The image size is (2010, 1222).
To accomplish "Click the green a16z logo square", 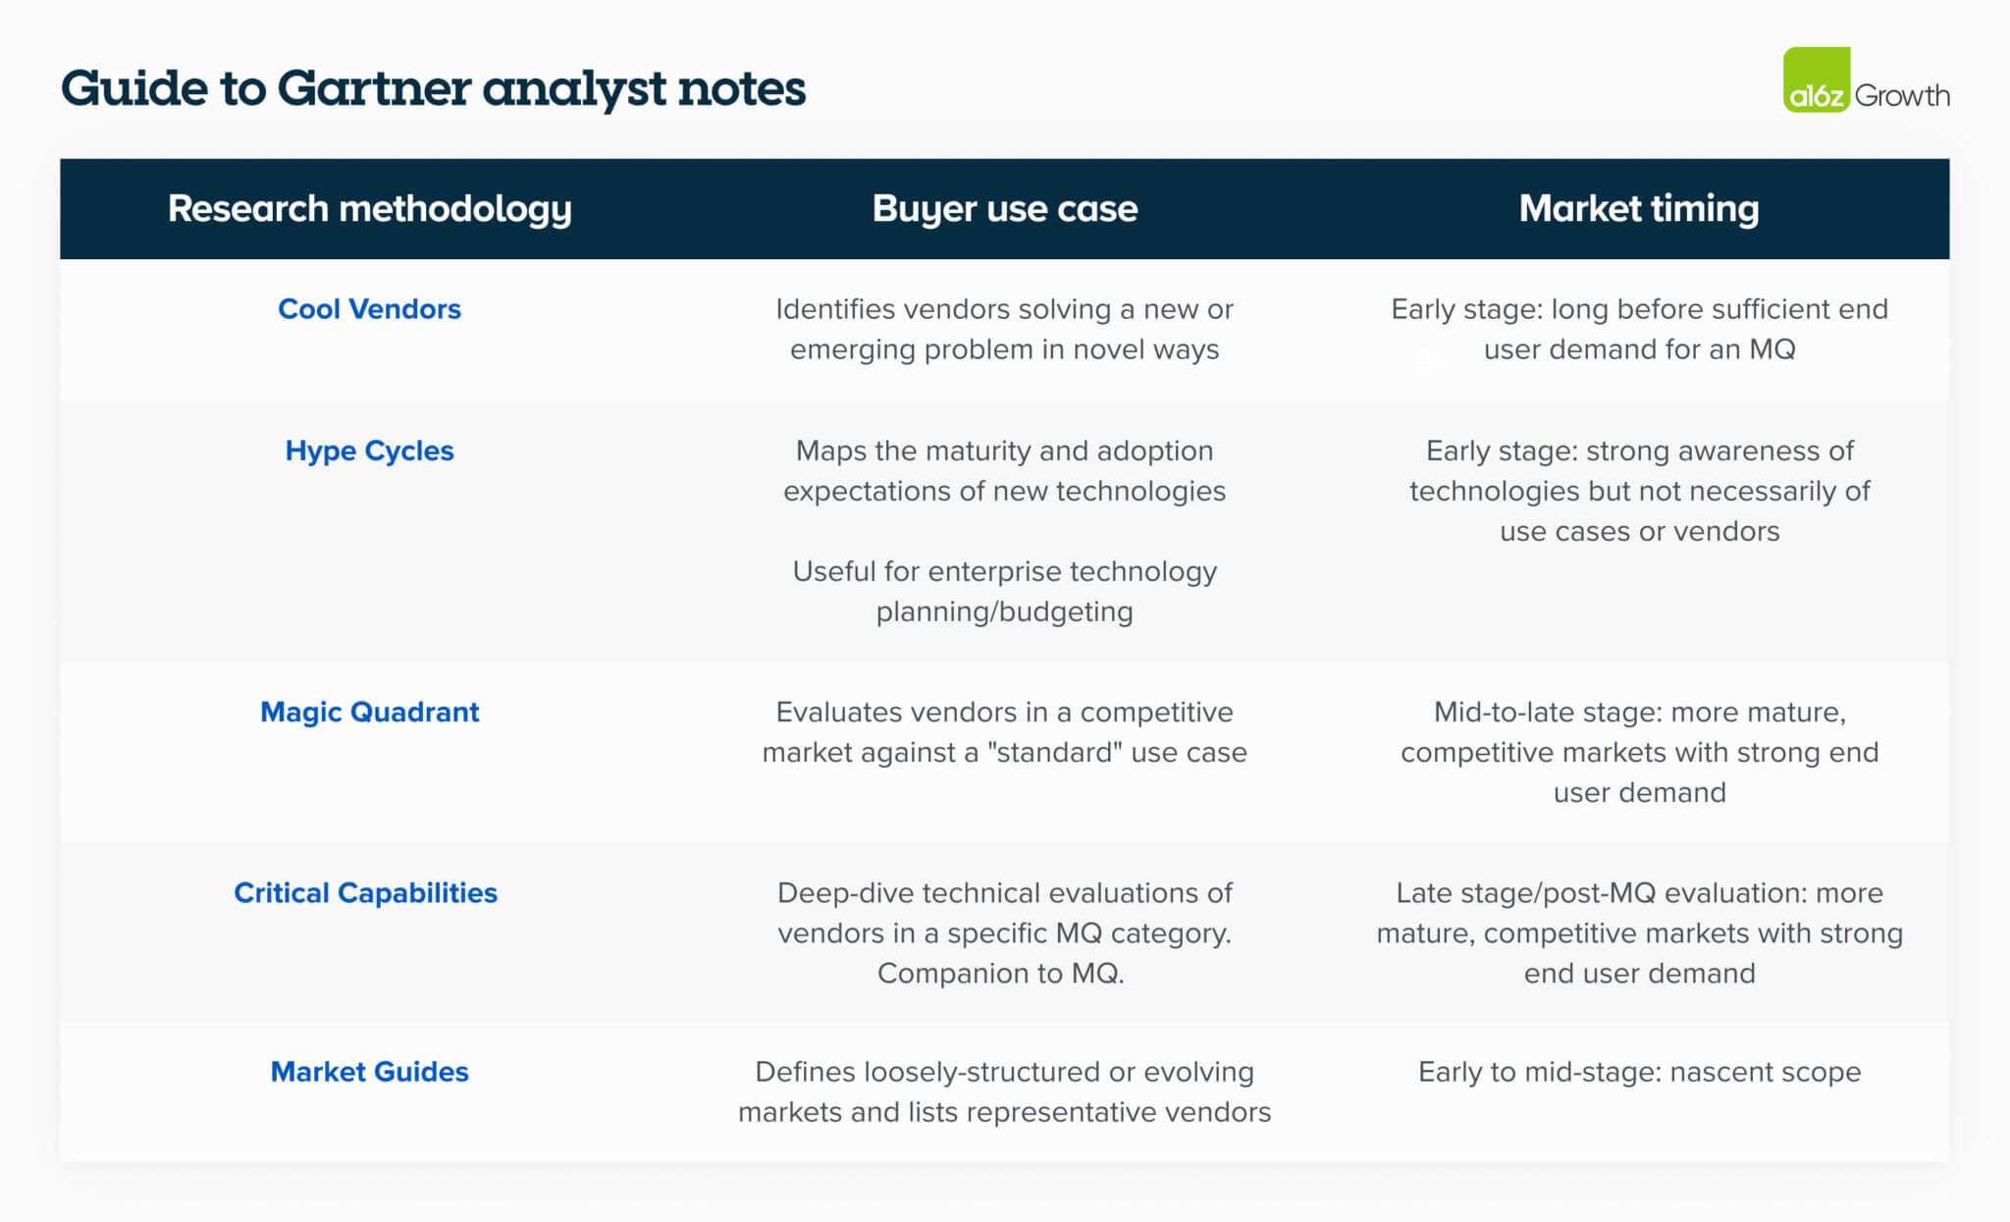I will pos(1816,80).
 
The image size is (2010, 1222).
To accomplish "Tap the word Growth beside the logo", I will pos(1902,96).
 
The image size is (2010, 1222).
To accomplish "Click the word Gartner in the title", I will pos(374,88).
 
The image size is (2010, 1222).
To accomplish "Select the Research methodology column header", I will pos(369,208).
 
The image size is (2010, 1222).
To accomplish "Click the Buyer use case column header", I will pos(1004,208).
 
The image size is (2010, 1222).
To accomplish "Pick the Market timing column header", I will pos(1638,208).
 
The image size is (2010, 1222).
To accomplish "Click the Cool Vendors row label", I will pos(369,309).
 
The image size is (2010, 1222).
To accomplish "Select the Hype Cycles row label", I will pos(369,451).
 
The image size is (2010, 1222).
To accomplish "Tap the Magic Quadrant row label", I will pos(369,712).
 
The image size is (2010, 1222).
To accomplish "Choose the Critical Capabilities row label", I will pos(365,892).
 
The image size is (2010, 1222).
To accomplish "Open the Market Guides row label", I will pos(369,1071).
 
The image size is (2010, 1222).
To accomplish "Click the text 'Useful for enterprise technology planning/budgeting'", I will pos(1004,591).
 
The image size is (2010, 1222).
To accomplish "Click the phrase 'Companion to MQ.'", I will pos(1000,973).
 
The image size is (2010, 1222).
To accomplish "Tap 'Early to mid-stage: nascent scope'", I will pos(1639,1071).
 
